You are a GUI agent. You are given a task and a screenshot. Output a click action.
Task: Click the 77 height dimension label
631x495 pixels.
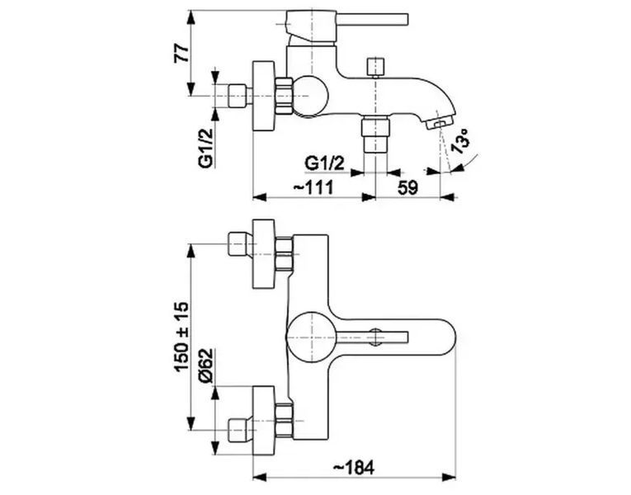[x=181, y=52]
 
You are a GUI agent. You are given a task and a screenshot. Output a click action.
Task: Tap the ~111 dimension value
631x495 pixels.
[x=314, y=186]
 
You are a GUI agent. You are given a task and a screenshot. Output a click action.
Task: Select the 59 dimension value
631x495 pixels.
[x=408, y=187]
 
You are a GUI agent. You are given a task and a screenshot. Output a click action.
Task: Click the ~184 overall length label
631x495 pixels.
[x=354, y=468]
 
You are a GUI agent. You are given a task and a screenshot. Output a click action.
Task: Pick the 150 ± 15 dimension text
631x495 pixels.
[x=181, y=337]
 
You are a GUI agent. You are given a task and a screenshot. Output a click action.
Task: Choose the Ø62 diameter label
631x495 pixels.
[x=205, y=365]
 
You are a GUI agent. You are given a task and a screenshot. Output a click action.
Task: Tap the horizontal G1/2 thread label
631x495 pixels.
[x=325, y=163]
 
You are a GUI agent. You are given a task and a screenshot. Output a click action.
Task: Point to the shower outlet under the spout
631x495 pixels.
[x=375, y=134]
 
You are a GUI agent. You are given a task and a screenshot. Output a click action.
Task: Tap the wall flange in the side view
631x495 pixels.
[x=264, y=96]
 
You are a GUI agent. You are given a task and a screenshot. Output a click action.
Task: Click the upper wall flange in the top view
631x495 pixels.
[x=264, y=254]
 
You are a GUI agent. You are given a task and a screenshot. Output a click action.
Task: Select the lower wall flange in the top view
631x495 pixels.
[x=264, y=420]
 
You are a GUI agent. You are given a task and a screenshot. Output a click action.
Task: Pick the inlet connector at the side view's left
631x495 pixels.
[x=239, y=96]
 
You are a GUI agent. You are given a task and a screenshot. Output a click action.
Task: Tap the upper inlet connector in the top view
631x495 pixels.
[x=239, y=244]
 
